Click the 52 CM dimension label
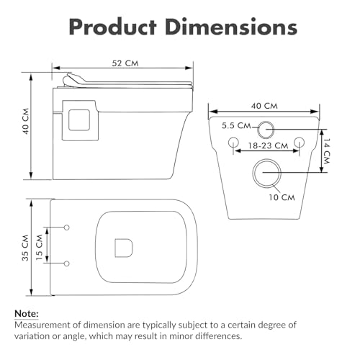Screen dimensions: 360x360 tap(125, 63)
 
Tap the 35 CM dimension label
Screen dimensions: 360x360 tap(25, 248)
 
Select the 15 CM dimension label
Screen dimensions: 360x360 tap(39, 247)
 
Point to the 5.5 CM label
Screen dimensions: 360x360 tap(236, 125)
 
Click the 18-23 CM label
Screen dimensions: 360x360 tap(268, 145)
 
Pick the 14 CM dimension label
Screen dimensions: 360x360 tap(326, 151)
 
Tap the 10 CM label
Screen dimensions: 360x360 tap(282, 197)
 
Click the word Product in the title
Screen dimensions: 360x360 tap(113, 27)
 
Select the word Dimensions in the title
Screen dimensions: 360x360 tap(231, 27)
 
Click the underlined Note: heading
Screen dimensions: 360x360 tap(27, 314)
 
